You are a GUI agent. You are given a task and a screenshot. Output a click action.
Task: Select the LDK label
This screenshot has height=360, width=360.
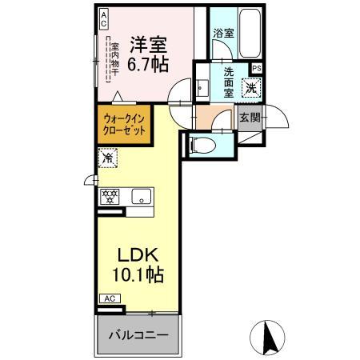pos(141,256)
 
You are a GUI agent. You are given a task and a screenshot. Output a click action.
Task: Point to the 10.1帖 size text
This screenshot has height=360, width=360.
pos(141,276)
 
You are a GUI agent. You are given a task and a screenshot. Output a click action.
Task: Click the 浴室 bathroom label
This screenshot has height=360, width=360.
pos(223,33)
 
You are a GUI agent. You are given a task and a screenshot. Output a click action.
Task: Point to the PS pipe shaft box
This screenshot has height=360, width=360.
pos(255,69)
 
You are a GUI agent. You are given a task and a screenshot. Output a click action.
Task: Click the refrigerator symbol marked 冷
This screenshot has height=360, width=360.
pos(106,158)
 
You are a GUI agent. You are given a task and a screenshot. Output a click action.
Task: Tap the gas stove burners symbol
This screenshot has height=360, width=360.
pos(110,194)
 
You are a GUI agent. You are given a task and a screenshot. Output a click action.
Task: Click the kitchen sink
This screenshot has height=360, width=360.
pos(140,194)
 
